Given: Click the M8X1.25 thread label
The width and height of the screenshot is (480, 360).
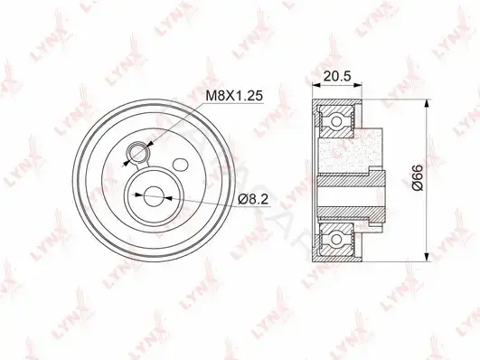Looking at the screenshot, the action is [x=234, y=96].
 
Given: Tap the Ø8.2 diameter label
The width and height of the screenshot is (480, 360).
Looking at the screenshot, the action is [x=253, y=200].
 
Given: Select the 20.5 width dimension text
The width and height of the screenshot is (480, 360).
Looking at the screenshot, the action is [x=337, y=76].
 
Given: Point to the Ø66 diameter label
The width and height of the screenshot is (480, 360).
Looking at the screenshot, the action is [x=418, y=177].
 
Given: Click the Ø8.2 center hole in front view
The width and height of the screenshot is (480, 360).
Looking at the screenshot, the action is [x=153, y=196].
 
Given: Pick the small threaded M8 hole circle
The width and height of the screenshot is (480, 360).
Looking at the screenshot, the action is [x=138, y=152].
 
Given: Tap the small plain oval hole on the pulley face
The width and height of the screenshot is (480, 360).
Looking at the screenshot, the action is [x=180, y=165].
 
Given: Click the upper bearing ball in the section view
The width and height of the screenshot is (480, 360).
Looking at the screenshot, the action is [x=336, y=121].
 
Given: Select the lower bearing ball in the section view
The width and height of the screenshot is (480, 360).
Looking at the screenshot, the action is [x=336, y=240].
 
